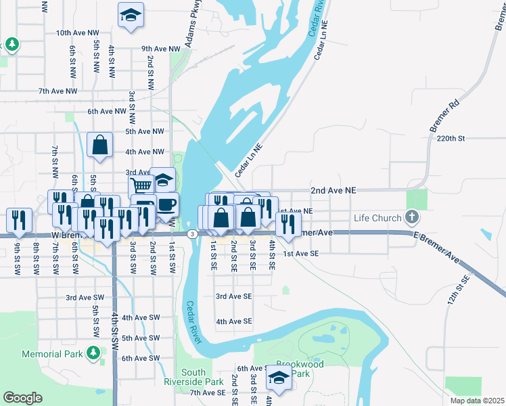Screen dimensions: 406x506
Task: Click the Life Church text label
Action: (x=377, y=218)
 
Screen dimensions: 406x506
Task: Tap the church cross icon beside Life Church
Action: (x=411, y=218)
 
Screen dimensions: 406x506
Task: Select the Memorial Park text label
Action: (x=51, y=354)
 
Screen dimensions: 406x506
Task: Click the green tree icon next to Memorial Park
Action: (x=93, y=353)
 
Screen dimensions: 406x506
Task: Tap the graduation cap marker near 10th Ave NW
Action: (x=131, y=16)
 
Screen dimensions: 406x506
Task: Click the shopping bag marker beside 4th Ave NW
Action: (x=100, y=145)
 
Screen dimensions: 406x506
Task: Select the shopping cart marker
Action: (x=141, y=186)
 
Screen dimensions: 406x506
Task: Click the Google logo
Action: (x=22, y=398)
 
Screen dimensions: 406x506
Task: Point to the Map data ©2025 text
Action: (x=476, y=401)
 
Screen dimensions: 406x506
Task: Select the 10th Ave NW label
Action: (x=76, y=32)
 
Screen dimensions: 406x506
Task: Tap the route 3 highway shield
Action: (x=193, y=234)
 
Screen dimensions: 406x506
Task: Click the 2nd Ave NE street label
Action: (x=333, y=191)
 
